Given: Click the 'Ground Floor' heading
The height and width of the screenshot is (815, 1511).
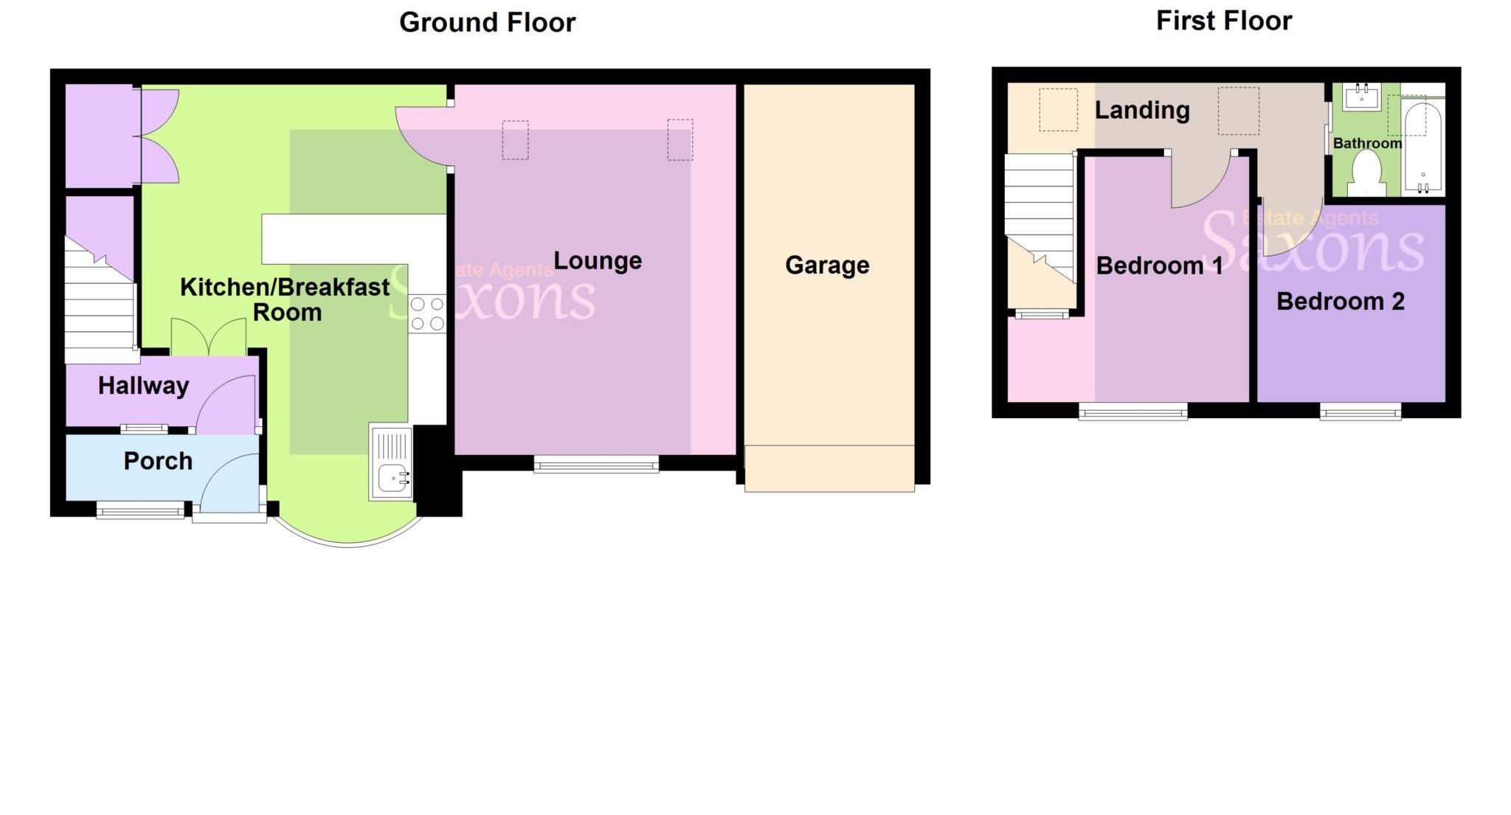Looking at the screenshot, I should [487, 22].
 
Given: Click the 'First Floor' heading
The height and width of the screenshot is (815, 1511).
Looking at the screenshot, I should [1223, 21].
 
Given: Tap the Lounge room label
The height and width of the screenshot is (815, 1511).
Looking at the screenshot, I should [598, 260].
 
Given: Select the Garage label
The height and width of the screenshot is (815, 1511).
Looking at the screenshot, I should [827, 265].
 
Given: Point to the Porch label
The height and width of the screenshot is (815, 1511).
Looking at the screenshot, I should [158, 461].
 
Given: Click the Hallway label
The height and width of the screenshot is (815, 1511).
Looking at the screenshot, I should [143, 386].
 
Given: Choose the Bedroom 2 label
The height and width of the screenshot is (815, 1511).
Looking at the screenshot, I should [1340, 301].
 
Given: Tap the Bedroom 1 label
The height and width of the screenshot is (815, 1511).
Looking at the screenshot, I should [1159, 266].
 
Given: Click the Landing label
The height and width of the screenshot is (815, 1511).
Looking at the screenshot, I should [1141, 110].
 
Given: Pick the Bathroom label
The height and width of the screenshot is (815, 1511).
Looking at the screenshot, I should [1366, 143].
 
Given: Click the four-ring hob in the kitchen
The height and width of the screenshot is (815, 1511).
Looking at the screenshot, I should [427, 313].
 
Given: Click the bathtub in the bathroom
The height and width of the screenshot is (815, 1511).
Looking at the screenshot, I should [1422, 148].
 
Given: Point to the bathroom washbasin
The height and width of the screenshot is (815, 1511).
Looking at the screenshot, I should [1361, 97].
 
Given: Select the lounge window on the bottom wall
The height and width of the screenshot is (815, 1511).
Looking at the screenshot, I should [596, 463].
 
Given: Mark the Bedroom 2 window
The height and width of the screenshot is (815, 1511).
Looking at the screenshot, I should [1360, 411].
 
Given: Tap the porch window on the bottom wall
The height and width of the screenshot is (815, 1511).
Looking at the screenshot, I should [140, 509].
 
